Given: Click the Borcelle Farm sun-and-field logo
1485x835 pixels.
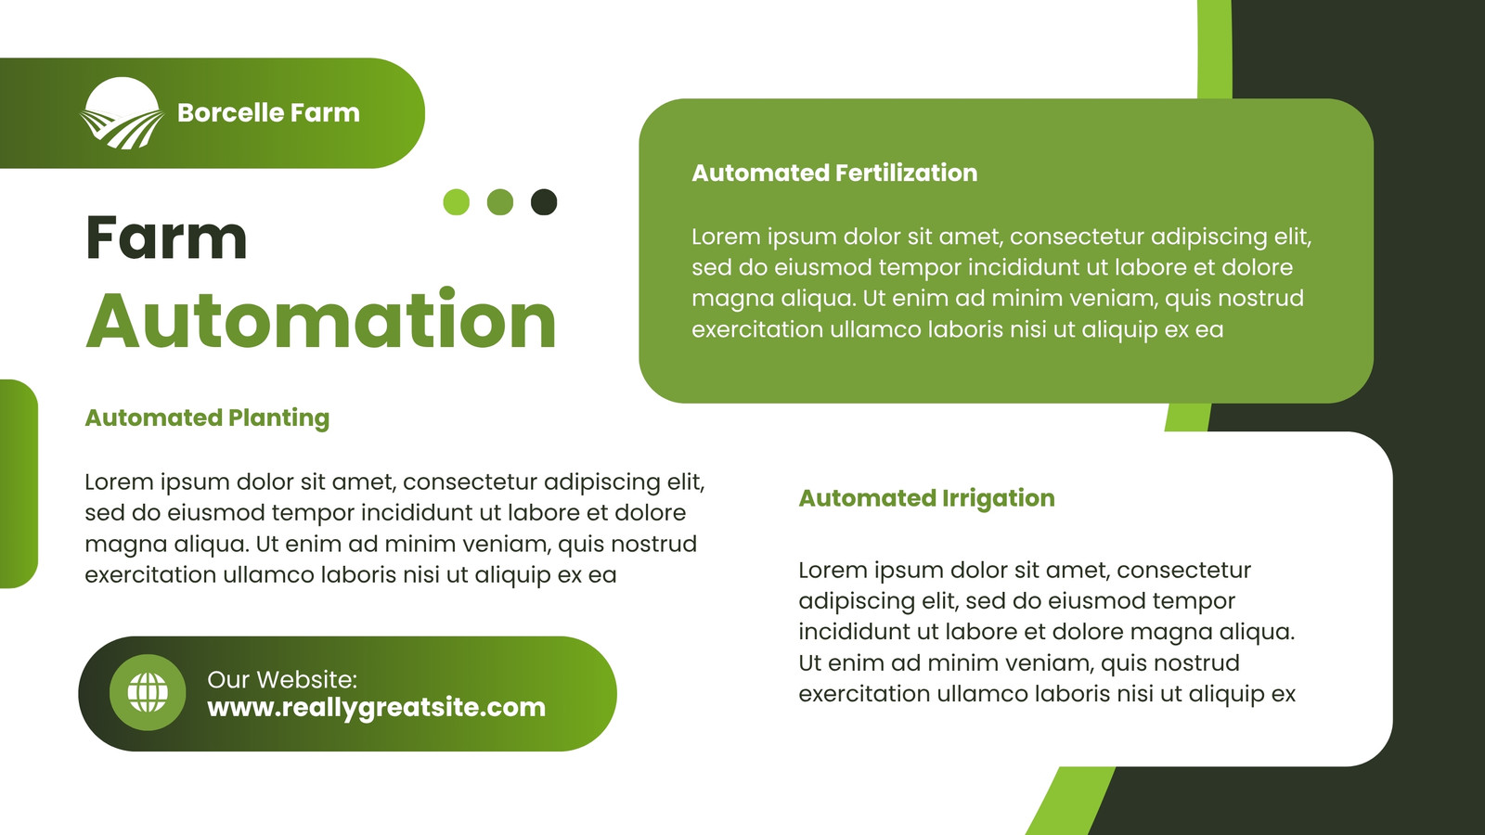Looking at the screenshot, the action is (122, 113).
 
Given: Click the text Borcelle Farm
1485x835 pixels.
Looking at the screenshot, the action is (268, 112).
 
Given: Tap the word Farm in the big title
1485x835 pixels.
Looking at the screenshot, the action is (166, 237).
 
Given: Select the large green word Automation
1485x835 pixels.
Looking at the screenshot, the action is (321, 319).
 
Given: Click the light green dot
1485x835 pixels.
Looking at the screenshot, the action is (456, 202).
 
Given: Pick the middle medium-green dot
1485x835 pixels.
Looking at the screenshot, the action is (500, 202).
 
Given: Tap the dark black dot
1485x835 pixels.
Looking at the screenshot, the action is (544, 202).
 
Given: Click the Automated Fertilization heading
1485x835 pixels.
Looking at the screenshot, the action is (834, 173).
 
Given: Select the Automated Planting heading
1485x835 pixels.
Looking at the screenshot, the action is (207, 418).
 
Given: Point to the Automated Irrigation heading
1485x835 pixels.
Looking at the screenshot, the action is (927, 498).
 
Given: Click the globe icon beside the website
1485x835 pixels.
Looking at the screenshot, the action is (148, 692).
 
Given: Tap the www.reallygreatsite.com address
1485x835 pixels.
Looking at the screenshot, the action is (377, 707).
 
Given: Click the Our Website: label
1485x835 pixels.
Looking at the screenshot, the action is (282, 679).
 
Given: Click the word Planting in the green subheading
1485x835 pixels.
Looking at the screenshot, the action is (278, 418).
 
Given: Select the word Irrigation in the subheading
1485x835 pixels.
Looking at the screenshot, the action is (999, 498).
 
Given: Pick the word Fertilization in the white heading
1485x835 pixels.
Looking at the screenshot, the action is (906, 173).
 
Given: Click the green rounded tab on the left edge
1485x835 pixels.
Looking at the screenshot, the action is (19, 483).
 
